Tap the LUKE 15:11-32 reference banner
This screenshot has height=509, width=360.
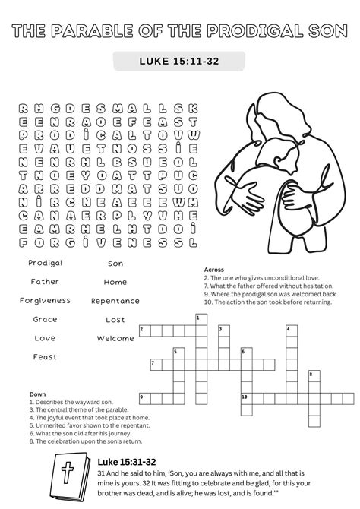(x=179, y=62)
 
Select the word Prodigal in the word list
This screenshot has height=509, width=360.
(x=45, y=263)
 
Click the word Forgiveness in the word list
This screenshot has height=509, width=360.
(x=45, y=300)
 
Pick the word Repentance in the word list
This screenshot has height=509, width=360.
(x=115, y=301)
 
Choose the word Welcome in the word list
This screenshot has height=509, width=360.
(x=115, y=338)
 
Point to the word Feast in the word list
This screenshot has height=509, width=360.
(x=45, y=356)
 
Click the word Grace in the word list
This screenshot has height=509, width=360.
(x=45, y=319)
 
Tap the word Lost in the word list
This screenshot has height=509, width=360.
(x=115, y=320)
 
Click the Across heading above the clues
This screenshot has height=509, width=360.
(x=215, y=270)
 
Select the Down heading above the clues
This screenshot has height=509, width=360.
(x=37, y=394)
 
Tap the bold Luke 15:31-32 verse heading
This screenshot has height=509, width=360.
(x=127, y=461)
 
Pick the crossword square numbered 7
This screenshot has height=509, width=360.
(x=154, y=364)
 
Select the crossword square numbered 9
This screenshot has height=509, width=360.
(x=143, y=397)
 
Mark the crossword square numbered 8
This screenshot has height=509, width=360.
(x=312, y=375)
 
